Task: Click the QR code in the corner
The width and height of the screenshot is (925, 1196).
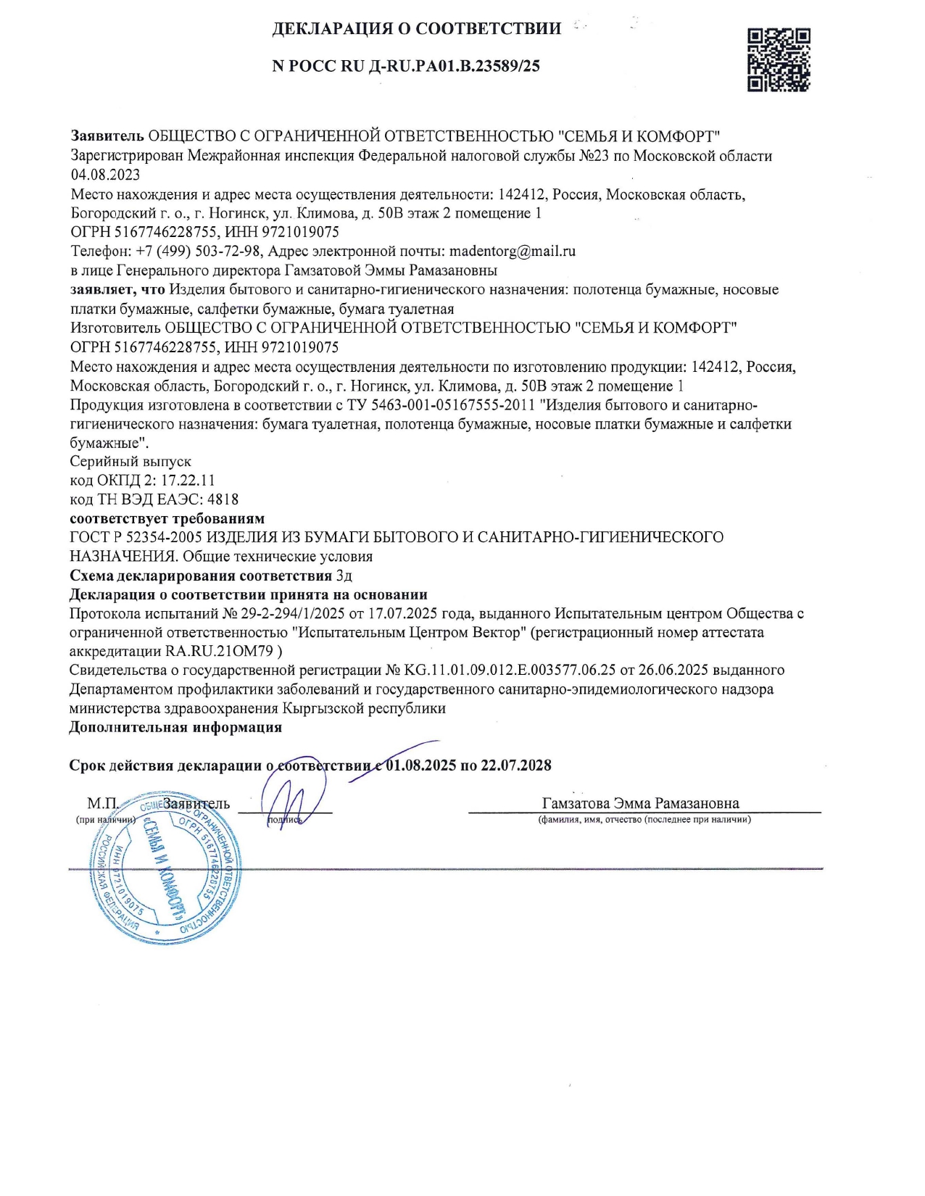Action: click(778, 59)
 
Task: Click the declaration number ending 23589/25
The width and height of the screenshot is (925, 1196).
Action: click(406, 66)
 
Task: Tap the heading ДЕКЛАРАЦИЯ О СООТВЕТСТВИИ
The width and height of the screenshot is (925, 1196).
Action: click(416, 29)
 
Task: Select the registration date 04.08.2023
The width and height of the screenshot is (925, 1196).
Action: click(105, 175)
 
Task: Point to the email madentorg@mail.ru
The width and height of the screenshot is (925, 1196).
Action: click(513, 252)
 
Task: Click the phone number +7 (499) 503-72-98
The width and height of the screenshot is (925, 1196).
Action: click(198, 252)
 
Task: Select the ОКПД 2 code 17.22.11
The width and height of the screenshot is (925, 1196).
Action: click(188, 481)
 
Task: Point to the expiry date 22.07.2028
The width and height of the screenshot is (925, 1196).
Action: click(515, 765)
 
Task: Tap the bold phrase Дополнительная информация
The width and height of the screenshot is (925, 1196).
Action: click(175, 727)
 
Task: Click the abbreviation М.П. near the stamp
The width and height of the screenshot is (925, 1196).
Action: click(102, 804)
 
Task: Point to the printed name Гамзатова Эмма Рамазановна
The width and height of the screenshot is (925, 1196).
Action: click(640, 803)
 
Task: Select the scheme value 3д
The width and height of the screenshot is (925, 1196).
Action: click(344, 576)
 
